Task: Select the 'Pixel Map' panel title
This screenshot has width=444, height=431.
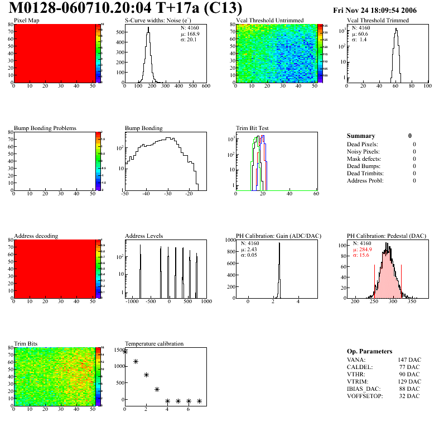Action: pyautogui.click(x=27, y=21)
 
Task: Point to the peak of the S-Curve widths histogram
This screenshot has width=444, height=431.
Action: pyautogui.click(x=148, y=34)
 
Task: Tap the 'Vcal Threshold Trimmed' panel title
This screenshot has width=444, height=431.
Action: pyautogui.click(x=378, y=21)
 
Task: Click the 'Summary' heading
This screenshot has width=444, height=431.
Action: pyautogui.click(x=361, y=136)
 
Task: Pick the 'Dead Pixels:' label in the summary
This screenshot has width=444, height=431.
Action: pyautogui.click(x=363, y=144)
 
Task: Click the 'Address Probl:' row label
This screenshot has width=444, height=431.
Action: pyautogui.click(x=365, y=180)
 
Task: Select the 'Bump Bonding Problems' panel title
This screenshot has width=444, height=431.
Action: pyautogui.click(x=45, y=128)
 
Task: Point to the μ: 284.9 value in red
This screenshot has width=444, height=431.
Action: pyautogui.click(x=363, y=250)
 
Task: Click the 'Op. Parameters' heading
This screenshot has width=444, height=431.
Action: pyautogui.click(x=369, y=351)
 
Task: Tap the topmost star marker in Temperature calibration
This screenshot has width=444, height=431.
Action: pyautogui.click(x=125, y=351)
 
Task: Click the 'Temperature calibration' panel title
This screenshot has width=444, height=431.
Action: pyautogui.click(x=154, y=343)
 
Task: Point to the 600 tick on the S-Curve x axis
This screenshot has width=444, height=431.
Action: pyautogui.click(x=205, y=87)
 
